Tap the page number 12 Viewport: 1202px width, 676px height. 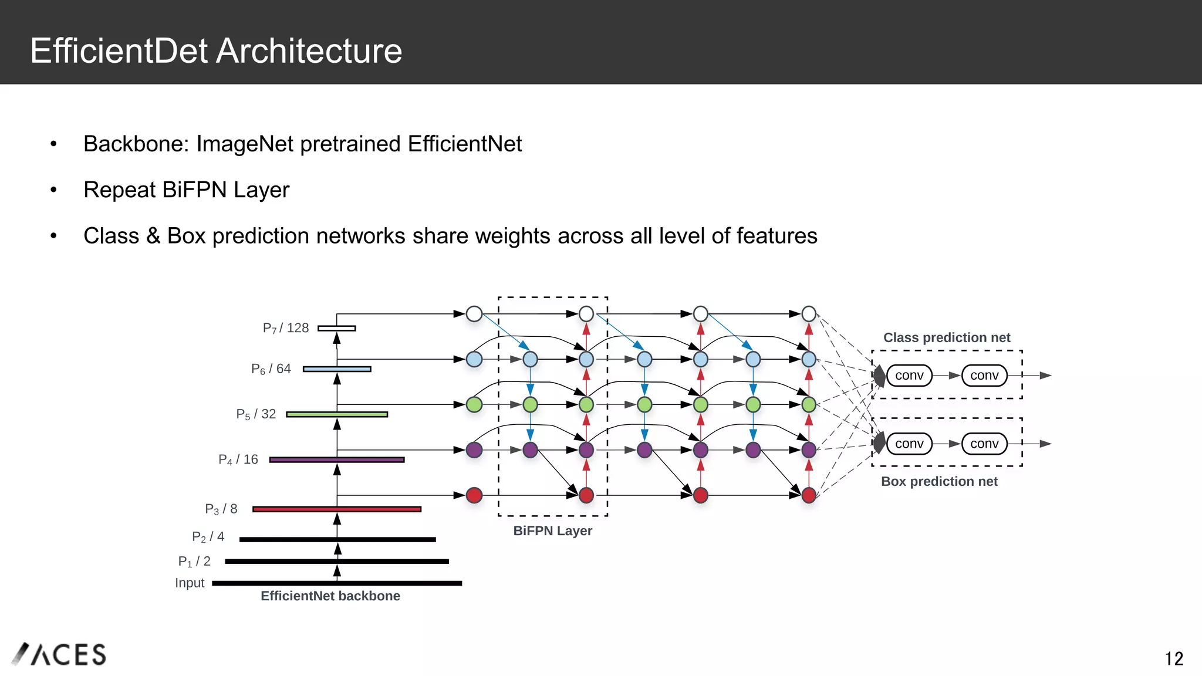click(x=1174, y=658)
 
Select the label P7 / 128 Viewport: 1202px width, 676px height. click(x=286, y=328)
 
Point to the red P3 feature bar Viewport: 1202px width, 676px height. click(x=337, y=509)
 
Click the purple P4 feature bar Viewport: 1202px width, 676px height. click(x=337, y=459)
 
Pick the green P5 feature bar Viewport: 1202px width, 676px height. click(x=337, y=414)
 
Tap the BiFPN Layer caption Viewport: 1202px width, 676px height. click(x=552, y=530)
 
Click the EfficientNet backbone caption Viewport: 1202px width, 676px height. click(x=330, y=596)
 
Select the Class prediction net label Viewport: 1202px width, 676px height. click(x=947, y=337)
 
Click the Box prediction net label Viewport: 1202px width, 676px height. click(x=939, y=481)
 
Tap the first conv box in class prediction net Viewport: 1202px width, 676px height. click(x=909, y=376)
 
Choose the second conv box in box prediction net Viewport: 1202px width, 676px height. click(x=984, y=444)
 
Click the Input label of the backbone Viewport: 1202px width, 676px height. click(x=190, y=583)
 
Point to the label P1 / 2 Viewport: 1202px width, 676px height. click(x=194, y=561)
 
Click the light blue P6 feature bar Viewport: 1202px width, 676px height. click(x=337, y=369)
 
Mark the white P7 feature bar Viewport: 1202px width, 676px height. click(x=337, y=328)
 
